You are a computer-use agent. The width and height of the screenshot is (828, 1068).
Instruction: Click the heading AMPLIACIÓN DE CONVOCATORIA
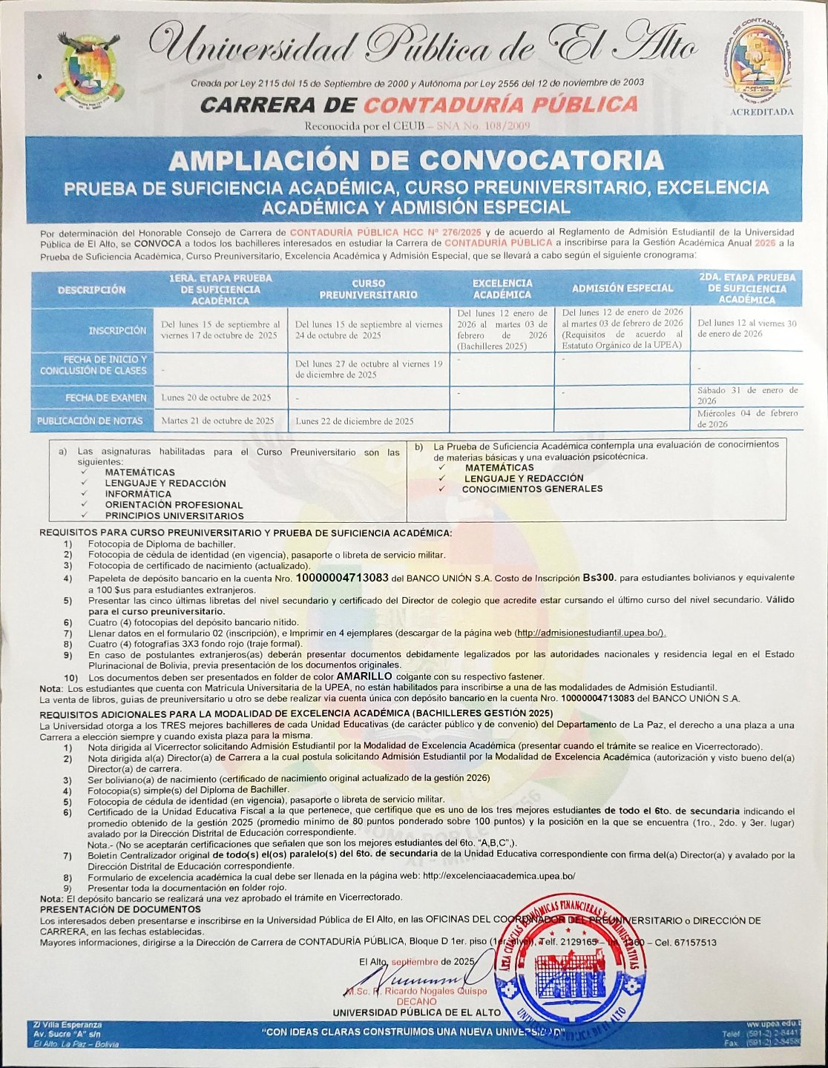[415, 160]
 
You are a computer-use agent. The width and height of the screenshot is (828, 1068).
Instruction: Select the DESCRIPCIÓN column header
[92, 289]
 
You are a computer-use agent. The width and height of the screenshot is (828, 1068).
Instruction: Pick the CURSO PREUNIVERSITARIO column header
[368, 289]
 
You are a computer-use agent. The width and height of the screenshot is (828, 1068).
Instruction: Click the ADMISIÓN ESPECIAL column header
[622, 288]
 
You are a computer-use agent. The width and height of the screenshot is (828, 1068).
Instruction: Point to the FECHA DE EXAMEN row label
[106, 398]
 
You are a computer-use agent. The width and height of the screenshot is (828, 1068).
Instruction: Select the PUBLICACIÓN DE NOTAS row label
[91, 421]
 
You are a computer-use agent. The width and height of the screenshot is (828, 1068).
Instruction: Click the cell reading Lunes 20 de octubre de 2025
[216, 398]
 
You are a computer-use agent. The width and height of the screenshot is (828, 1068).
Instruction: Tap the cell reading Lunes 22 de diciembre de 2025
[355, 421]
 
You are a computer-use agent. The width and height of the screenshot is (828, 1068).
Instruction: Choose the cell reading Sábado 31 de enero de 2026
[747, 395]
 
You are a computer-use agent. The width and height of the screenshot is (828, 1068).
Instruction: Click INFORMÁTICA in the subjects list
[138, 494]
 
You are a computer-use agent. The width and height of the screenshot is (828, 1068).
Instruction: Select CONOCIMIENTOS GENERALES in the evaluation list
[532, 489]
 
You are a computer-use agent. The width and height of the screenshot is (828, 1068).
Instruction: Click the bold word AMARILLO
[364, 676]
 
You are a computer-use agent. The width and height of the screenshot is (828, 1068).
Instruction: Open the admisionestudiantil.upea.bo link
[591, 633]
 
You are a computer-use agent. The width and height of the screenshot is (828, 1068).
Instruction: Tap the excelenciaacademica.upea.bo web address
[499, 876]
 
